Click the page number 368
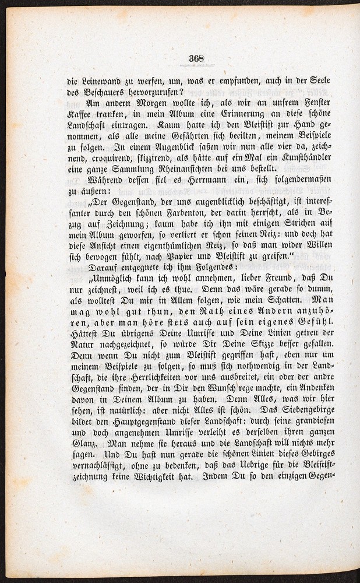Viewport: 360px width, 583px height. pos(195,57)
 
